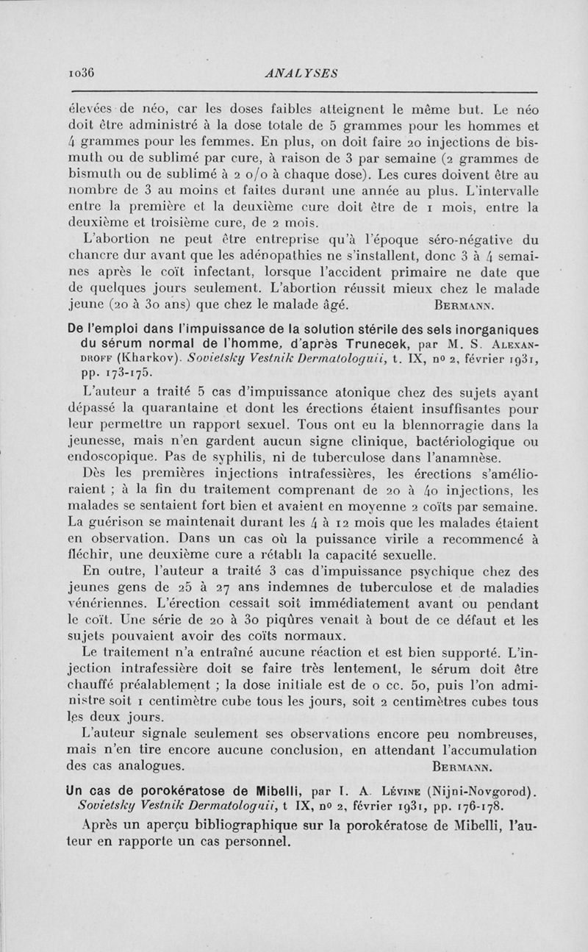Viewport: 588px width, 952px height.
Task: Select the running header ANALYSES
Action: point(304,72)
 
